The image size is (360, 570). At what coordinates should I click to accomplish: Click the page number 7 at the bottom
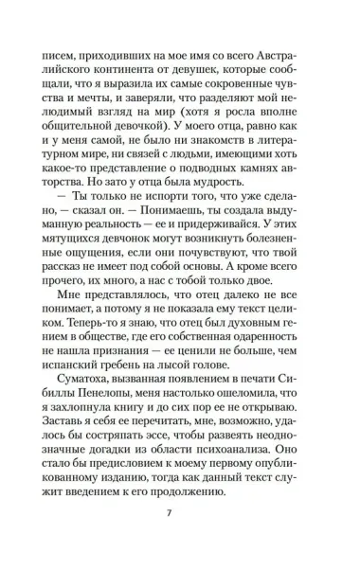point(180,540)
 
